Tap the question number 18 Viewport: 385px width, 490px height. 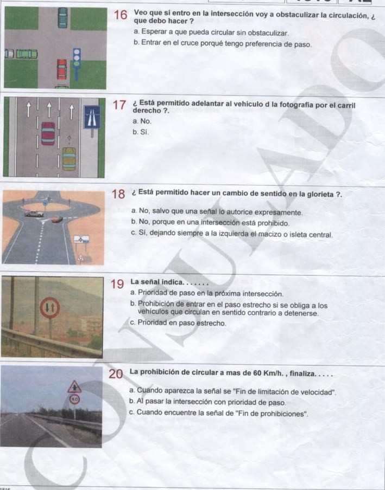click(119, 194)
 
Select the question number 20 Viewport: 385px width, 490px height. click(116, 374)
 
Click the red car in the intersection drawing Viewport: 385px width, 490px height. click(62, 69)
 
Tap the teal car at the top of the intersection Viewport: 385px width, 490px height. click(63, 17)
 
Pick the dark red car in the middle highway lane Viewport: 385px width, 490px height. click(48, 133)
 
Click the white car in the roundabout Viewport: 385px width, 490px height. click(34, 214)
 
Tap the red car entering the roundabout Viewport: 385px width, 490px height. click(56, 220)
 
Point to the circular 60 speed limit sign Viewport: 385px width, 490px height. click(74, 399)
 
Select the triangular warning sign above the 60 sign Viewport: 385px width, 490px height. click(74, 387)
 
